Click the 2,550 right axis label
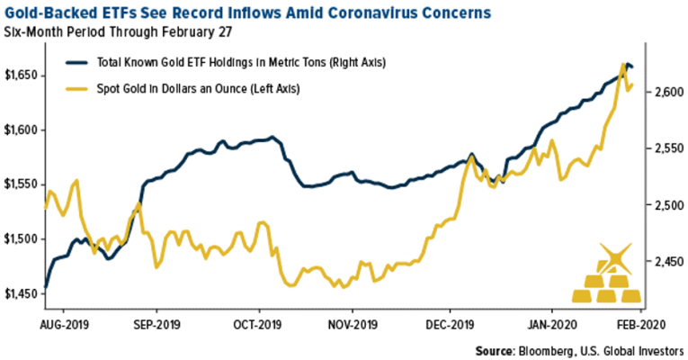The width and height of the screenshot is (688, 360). [664, 148]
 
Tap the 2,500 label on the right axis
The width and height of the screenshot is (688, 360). [664, 205]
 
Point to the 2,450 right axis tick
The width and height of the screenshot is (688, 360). [664, 261]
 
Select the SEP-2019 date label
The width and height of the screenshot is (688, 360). [155, 320]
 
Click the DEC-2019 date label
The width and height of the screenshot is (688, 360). [450, 320]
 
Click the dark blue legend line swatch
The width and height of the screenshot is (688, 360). [79, 62]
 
